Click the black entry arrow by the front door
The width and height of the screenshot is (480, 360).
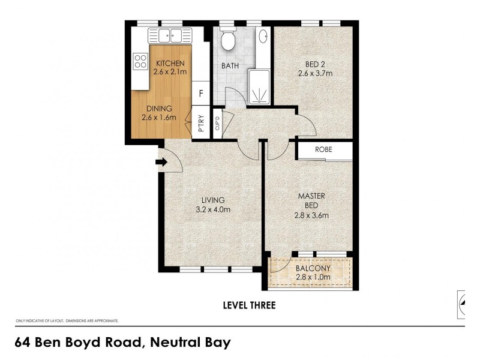pyautogui.click(x=160, y=161)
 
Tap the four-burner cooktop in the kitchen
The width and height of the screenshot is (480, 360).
pyautogui.click(x=140, y=61)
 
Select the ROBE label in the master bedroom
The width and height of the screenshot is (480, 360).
pyautogui.click(x=324, y=150)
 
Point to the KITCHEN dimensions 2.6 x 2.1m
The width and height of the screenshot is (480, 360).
pyautogui.click(x=170, y=72)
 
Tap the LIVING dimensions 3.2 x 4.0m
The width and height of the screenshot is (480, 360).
pyautogui.click(x=212, y=209)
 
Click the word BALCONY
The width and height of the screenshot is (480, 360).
pyautogui.click(x=311, y=268)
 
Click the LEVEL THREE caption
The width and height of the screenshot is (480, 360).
pyautogui.click(x=249, y=305)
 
